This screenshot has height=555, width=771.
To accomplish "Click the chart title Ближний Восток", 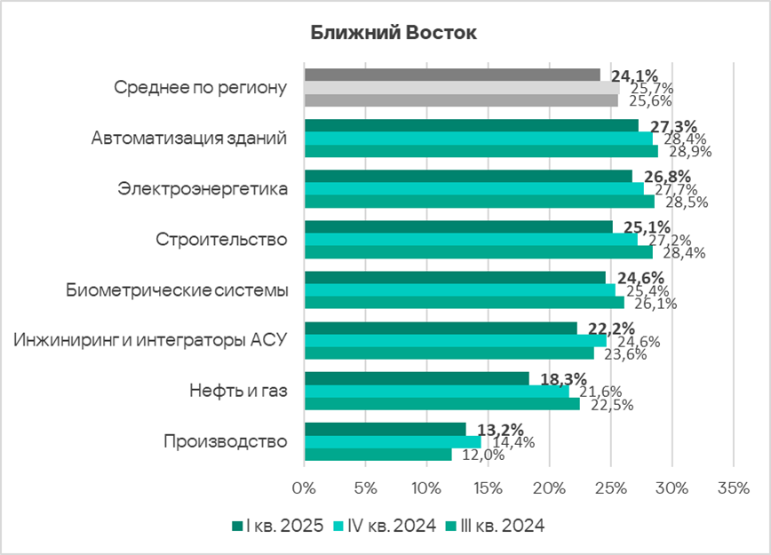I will click(x=393, y=33).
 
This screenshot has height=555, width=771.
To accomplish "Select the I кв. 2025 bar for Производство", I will click(x=385, y=430).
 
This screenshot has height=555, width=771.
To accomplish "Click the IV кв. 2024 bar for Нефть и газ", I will click(x=436, y=392).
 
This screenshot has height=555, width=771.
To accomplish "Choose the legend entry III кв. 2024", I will click(x=500, y=526).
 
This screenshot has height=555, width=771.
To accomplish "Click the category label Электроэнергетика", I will click(x=203, y=189).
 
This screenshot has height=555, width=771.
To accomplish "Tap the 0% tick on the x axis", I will click(x=304, y=488).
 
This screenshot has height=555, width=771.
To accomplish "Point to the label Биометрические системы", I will click(x=178, y=290).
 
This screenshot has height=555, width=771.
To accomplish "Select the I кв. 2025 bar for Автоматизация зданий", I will click(x=471, y=125).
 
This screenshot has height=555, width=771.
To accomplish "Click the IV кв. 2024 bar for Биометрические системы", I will click(x=459, y=290).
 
